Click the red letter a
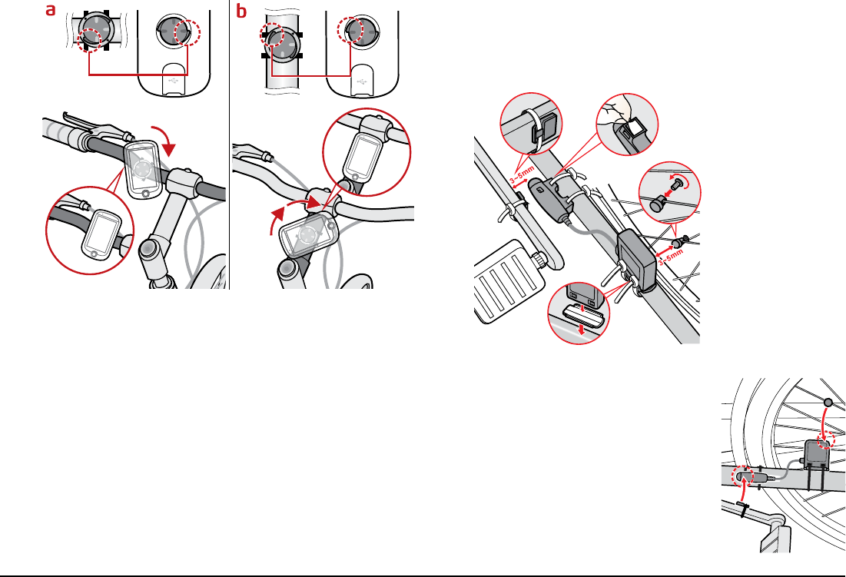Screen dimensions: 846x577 pos(51,11)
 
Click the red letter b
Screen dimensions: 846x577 pos(242,11)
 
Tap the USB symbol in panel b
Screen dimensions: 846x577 pos(361,78)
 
